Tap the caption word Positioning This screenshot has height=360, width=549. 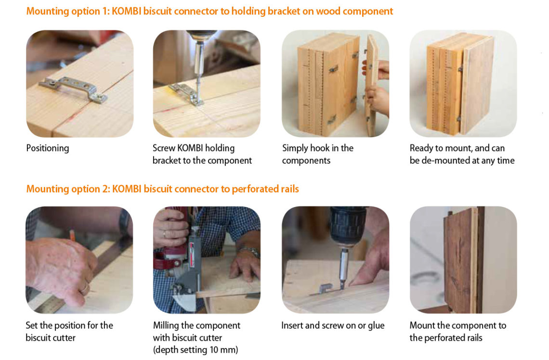pyautogui.click(x=48, y=148)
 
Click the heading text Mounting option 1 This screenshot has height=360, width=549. pyautogui.click(x=68, y=11)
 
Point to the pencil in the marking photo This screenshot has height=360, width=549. pyautogui.click(x=72, y=235)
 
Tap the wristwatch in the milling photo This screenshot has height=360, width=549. pyautogui.click(x=249, y=251)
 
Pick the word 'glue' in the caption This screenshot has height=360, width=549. pyautogui.click(x=376, y=326)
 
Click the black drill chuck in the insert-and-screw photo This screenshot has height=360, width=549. pyautogui.click(x=347, y=226)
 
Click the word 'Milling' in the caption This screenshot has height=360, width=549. pyautogui.click(x=166, y=326)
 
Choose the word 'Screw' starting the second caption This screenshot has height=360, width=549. pyautogui.click(x=164, y=148)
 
